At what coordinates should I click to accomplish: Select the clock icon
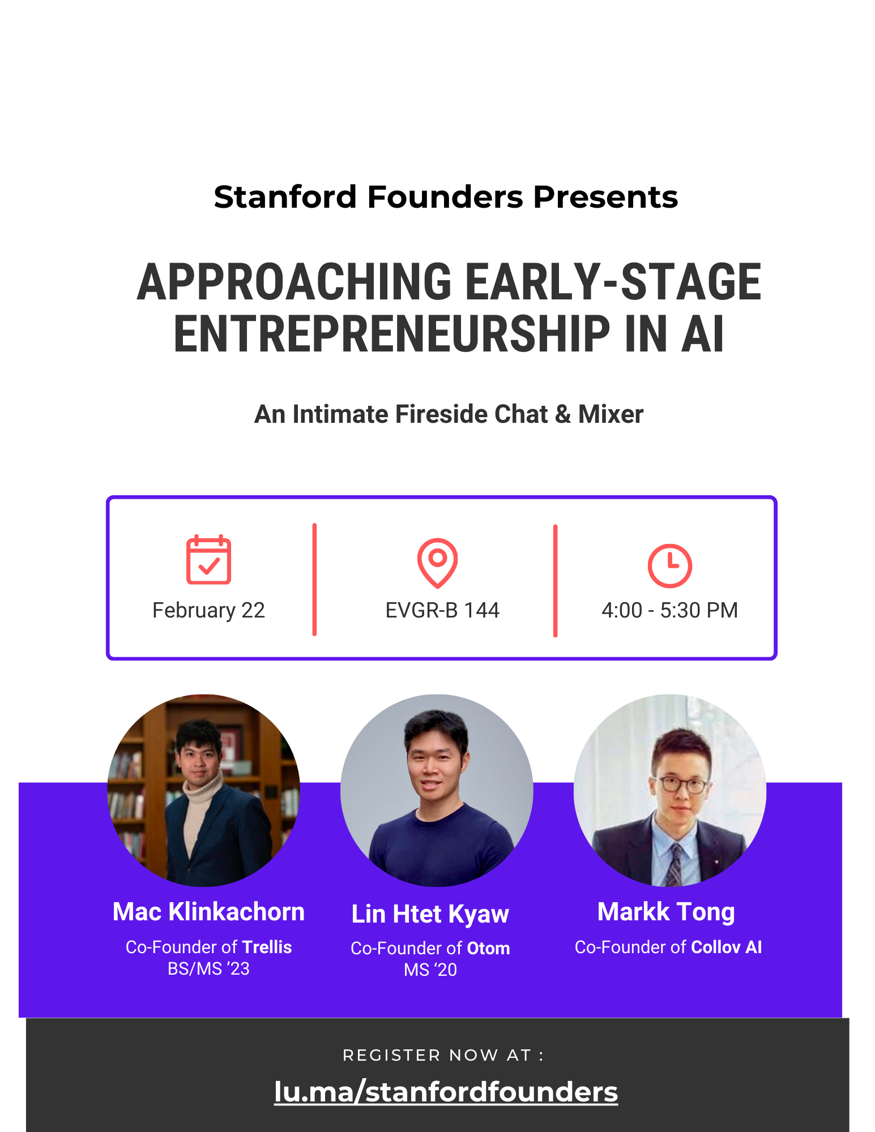tap(669, 566)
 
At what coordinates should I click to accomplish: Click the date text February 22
tap(208, 611)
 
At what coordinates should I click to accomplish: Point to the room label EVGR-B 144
tap(442, 610)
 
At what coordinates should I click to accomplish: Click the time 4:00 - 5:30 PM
tap(669, 610)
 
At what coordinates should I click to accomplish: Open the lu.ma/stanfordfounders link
tap(446, 1092)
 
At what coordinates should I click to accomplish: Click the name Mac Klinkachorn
tap(208, 912)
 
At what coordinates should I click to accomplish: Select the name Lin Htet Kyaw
tap(430, 914)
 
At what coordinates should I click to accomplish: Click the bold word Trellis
tap(267, 947)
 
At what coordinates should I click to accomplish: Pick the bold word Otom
tap(488, 948)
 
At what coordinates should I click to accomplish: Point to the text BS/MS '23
tap(208, 969)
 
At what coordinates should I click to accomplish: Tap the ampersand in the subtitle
tap(563, 414)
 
